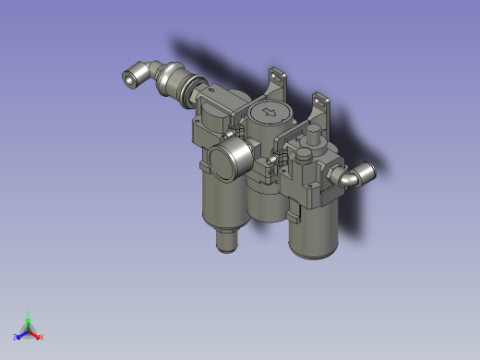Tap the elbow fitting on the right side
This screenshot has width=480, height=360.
[x=358, y=174]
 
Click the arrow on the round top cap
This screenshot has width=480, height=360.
[x=270, y=113]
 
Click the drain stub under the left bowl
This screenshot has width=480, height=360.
[x=225, y=242]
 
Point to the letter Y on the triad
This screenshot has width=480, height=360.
[x=29, y=314]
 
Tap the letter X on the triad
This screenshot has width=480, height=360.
[x=42, y=338]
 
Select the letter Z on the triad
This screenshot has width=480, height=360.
[x=16, y=337]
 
